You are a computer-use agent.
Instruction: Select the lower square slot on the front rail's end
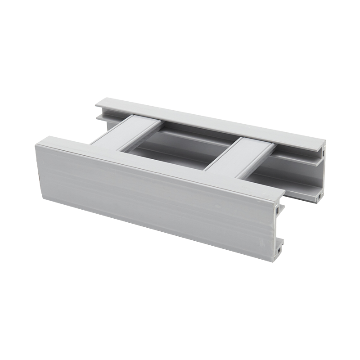point(279,250)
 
